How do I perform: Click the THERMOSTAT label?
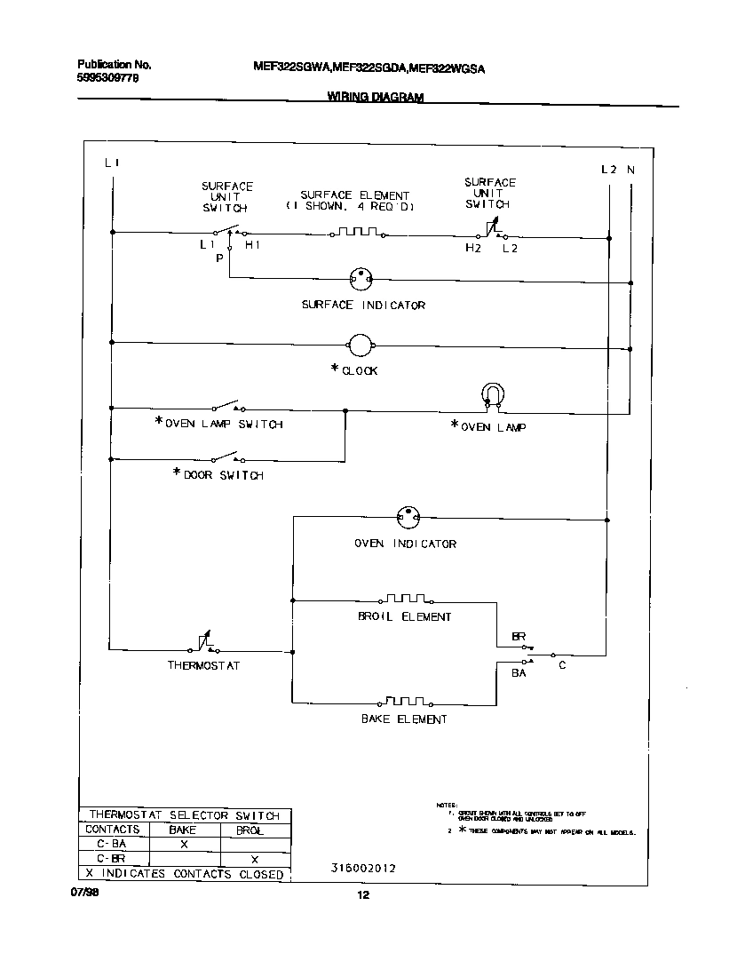[203, 665]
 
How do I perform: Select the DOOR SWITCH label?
[223, 475]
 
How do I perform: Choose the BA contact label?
[519, 673]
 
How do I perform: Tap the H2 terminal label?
[473, 249]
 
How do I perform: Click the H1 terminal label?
[253, 244]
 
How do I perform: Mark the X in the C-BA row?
[184, 845]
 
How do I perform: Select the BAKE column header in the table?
[183, 830]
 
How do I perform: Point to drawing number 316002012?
[361, 869]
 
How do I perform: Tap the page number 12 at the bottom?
[362, 895]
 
